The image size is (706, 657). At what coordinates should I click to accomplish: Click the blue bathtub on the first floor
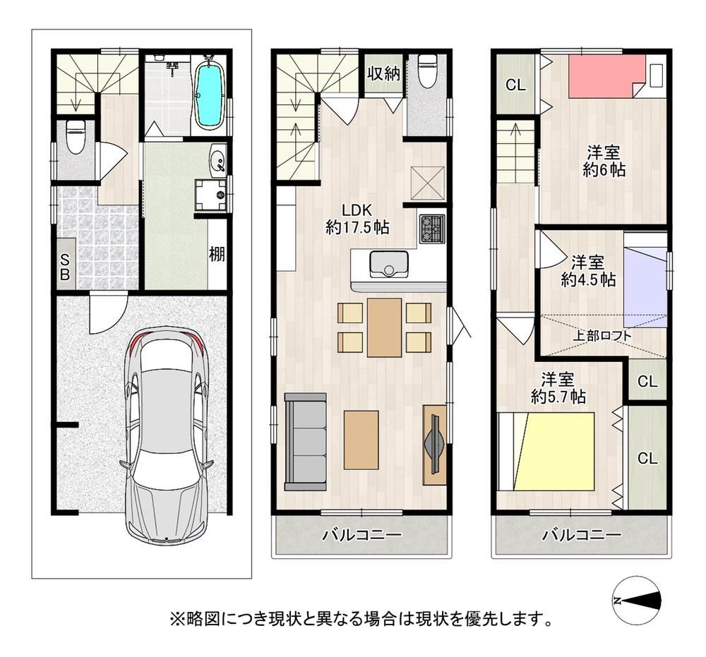coord(210,94)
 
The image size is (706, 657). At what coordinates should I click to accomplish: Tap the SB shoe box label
coord(65,267)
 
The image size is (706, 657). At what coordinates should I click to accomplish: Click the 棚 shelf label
coord(217,255)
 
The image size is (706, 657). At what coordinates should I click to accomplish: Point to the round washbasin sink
coord(218,159)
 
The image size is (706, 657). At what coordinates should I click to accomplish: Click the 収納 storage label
coord(383,73)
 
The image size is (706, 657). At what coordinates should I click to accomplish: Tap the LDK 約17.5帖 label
coord(357,219)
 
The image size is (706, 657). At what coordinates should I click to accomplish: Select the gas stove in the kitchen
coord(432,229)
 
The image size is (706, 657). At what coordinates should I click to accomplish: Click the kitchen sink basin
coord(389,264)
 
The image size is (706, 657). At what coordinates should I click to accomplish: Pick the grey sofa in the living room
coord(305,442)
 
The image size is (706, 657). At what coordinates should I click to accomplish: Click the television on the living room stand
coord(435,444)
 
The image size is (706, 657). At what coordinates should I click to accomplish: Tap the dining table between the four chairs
coord(384,327)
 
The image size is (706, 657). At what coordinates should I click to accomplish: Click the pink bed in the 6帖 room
coord(601,76)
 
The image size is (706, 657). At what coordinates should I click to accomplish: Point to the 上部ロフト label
coord(602,335)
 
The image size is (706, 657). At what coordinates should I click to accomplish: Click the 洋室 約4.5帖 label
coord(588,271)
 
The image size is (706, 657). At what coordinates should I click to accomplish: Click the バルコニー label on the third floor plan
coord(582,535)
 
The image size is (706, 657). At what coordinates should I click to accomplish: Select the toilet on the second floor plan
coord(426,70)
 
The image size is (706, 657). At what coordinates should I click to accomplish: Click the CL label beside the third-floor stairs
coord(515,85)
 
